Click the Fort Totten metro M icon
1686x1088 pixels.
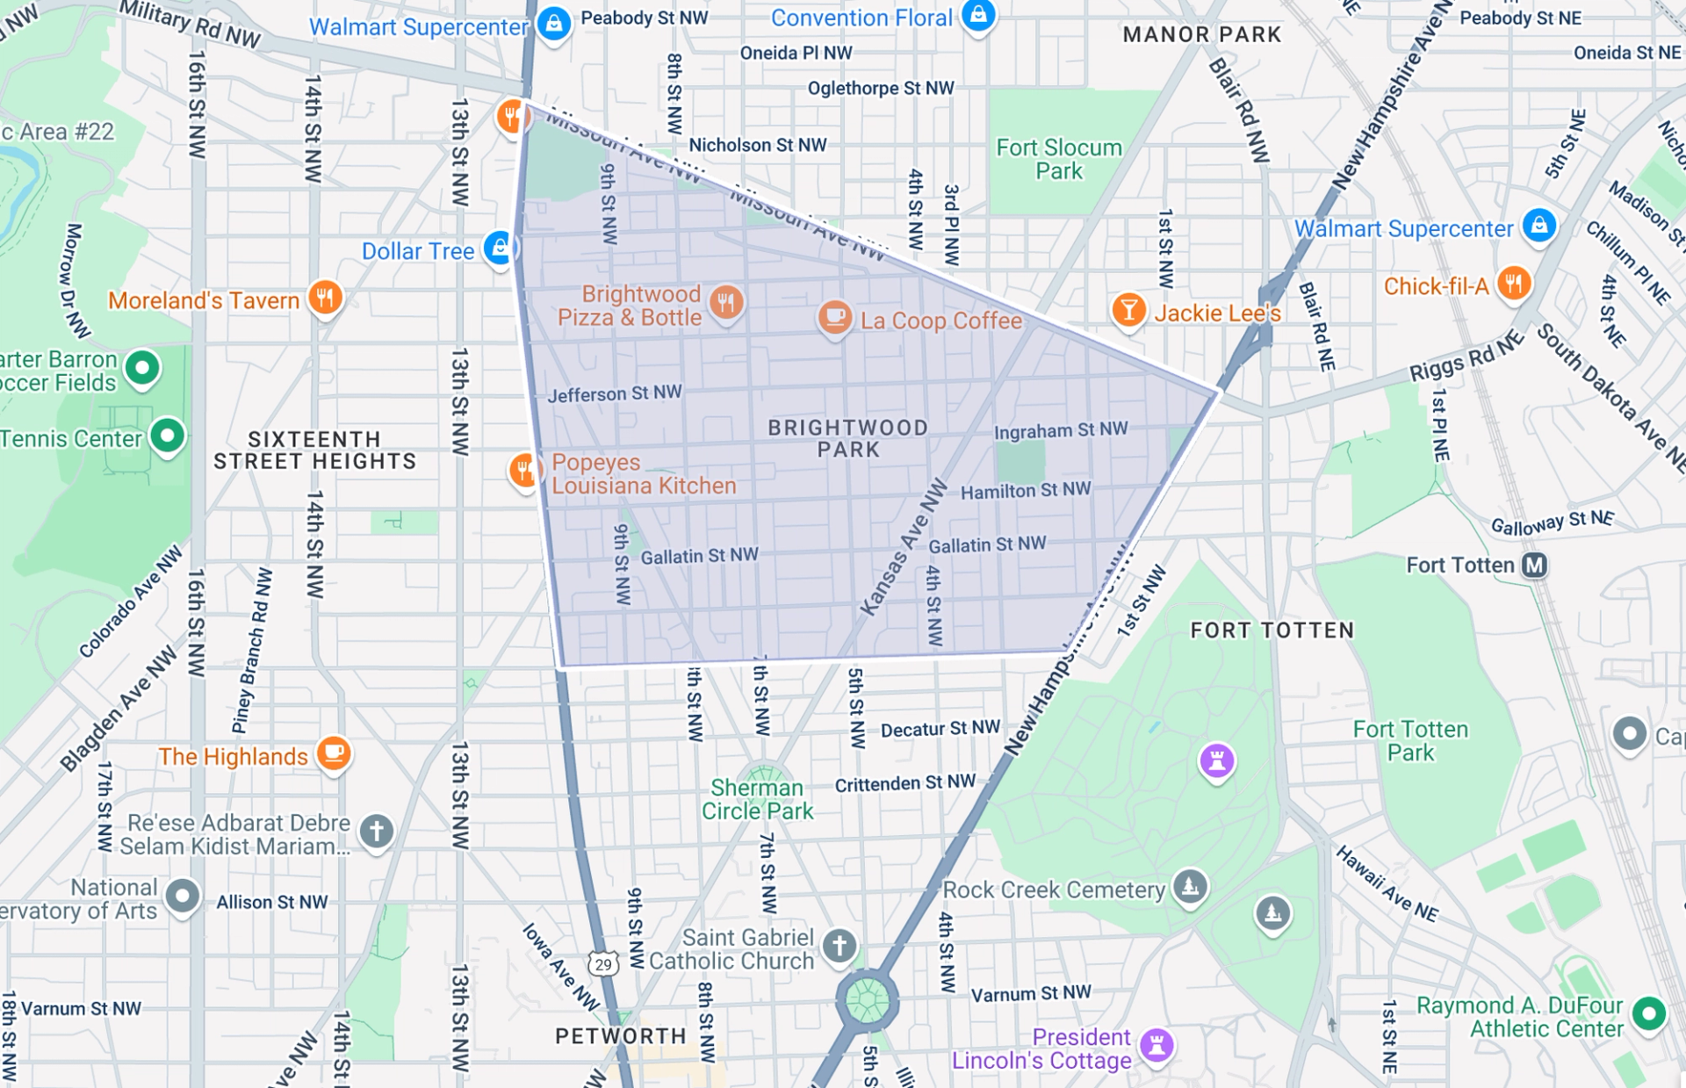point(1534,565)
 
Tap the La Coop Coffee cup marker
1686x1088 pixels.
point(834,316)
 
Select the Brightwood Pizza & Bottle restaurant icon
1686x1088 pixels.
point(725,302)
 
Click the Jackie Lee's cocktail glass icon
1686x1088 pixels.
point(1128,309)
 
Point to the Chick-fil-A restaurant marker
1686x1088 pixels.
point(1514,283)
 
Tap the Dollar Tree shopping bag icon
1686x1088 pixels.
point(499,248)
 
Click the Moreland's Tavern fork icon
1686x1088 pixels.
point(325,297)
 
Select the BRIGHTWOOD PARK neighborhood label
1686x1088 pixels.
point(847,438)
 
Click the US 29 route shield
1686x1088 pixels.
point(603,964)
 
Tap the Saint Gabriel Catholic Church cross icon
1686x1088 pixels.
point(839,945)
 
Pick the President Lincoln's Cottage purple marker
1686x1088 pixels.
point(1156,1044)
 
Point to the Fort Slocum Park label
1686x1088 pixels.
point(1059,159)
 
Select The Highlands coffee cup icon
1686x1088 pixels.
point(334,752)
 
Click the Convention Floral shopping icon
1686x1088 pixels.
point(978,15)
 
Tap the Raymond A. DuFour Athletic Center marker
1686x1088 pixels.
point(1648,1013)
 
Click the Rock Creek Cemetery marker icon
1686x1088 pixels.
point(1190,886)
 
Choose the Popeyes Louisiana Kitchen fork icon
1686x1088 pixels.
point(523,470)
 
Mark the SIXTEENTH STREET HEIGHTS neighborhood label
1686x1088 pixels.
point(314,450)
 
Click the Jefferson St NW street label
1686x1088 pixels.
point(615,393)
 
